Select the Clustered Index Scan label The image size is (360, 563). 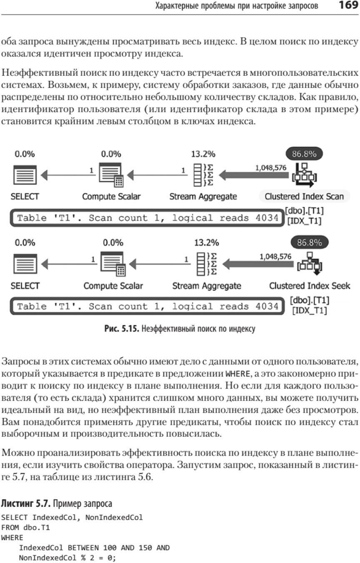coord(305,197)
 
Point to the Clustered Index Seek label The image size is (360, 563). coord(310,286)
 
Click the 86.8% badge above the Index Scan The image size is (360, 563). coord(304,154)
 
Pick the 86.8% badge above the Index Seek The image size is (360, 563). coord(309,242)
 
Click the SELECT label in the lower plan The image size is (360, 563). coord(25,286)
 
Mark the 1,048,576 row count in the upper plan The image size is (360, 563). coord(270,167)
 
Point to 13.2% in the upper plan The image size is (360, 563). coord(203,154)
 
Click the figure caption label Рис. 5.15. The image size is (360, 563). coord(122,329)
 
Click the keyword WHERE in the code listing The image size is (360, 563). coord(12,538)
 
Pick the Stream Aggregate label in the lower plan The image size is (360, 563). coord(207,286)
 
